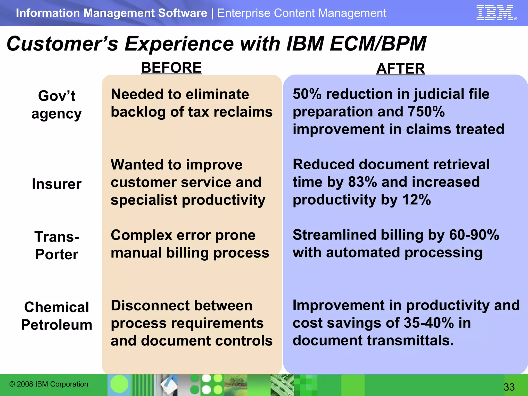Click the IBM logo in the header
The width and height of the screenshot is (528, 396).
(495, 13)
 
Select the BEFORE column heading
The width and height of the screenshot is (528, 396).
(171, 68)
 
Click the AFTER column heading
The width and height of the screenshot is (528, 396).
(400, 69)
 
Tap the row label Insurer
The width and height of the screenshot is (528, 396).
(56, 184)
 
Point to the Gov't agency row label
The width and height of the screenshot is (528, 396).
(56, 105)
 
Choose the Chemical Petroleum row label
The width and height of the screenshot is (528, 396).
(56, 316)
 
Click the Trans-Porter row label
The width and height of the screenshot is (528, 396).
(57, 245)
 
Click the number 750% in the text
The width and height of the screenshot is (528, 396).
(426, 111)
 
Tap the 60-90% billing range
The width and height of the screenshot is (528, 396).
(474, 235)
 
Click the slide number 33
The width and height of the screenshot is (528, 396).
(509, 387)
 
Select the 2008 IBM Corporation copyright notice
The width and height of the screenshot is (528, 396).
(49, 384)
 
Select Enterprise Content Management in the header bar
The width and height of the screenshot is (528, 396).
(302, 13)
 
